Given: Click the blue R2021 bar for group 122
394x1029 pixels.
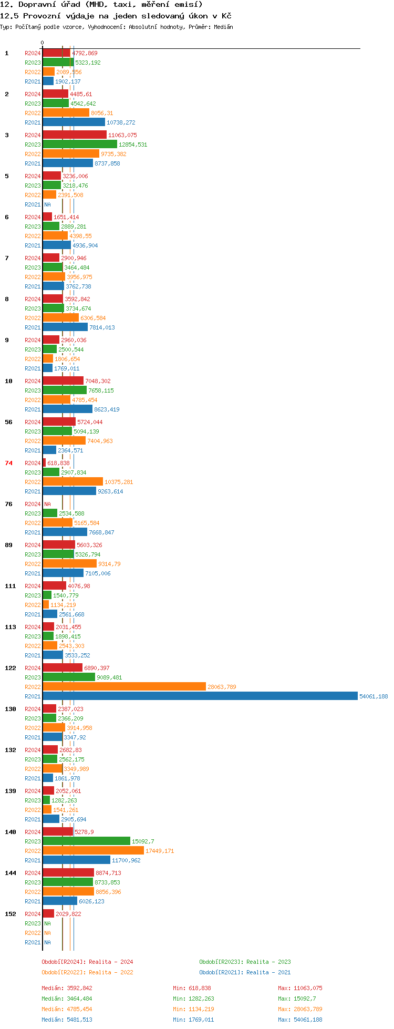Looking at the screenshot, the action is click(x=200, y=696).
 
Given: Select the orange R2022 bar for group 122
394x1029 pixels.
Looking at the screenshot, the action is click(x=125, y=687).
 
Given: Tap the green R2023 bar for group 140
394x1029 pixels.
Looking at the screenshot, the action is click(x=87, y=841).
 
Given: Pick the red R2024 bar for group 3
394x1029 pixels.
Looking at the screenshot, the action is click(x=75, y=135).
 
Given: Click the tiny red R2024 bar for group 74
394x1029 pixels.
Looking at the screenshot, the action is click(x=44, y=463).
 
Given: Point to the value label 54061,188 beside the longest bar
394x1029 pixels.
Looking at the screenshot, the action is click(x=374, y=696).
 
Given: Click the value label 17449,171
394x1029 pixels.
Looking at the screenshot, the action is click(x=160, y=851).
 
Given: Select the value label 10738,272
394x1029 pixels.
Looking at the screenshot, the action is click(x=121, y=122).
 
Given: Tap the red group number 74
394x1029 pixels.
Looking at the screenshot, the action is click(x=8, y=463).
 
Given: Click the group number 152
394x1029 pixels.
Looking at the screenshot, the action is click(x=11, y=914).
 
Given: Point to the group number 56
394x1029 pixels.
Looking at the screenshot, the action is click(x=8, y=422).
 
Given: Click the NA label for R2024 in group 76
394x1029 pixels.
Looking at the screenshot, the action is click(x=47, y=504).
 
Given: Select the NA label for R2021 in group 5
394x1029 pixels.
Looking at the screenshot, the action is click(x=47, y=204).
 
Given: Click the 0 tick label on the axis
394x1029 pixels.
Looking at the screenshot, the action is click(x=43, y=43).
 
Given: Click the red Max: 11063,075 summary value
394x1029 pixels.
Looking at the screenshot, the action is click(x=300, y=988).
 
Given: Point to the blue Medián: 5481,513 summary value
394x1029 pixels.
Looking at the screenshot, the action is click(x=67, y=1020).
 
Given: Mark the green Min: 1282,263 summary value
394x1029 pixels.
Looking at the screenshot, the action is click(x=193, y=999).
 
